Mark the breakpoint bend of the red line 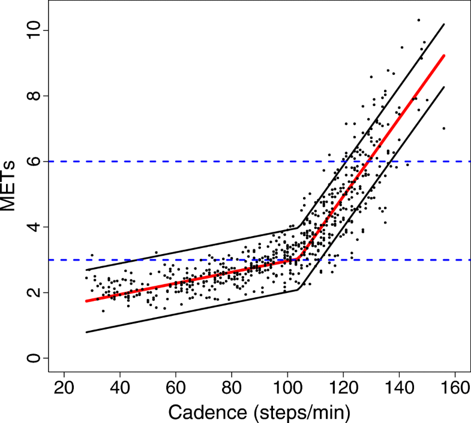click(298, 259)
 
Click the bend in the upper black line click(298, 226)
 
